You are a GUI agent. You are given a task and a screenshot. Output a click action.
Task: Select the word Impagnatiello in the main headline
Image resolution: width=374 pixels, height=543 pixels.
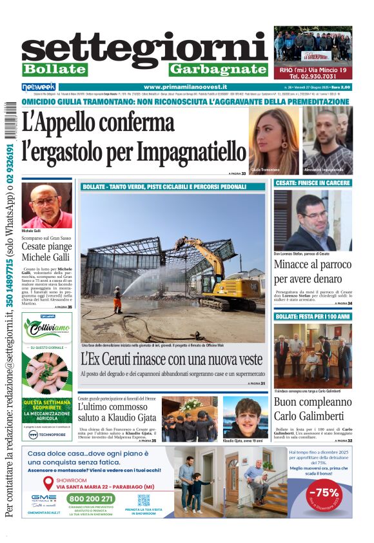[x=190, y=152]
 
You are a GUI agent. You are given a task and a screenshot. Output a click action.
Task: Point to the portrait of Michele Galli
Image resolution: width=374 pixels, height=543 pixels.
[x=46, y=205]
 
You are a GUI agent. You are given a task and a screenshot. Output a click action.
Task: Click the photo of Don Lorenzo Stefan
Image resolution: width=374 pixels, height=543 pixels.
[x=313, y=220]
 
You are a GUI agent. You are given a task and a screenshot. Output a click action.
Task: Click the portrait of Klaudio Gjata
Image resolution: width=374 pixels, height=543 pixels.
[x=246, y=417]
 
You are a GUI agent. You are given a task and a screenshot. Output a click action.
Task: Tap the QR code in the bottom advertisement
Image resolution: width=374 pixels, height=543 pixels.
[x=144, y=500]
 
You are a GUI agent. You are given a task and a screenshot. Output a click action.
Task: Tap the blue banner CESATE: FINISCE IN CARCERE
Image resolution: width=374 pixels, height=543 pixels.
[x=313, y=183]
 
